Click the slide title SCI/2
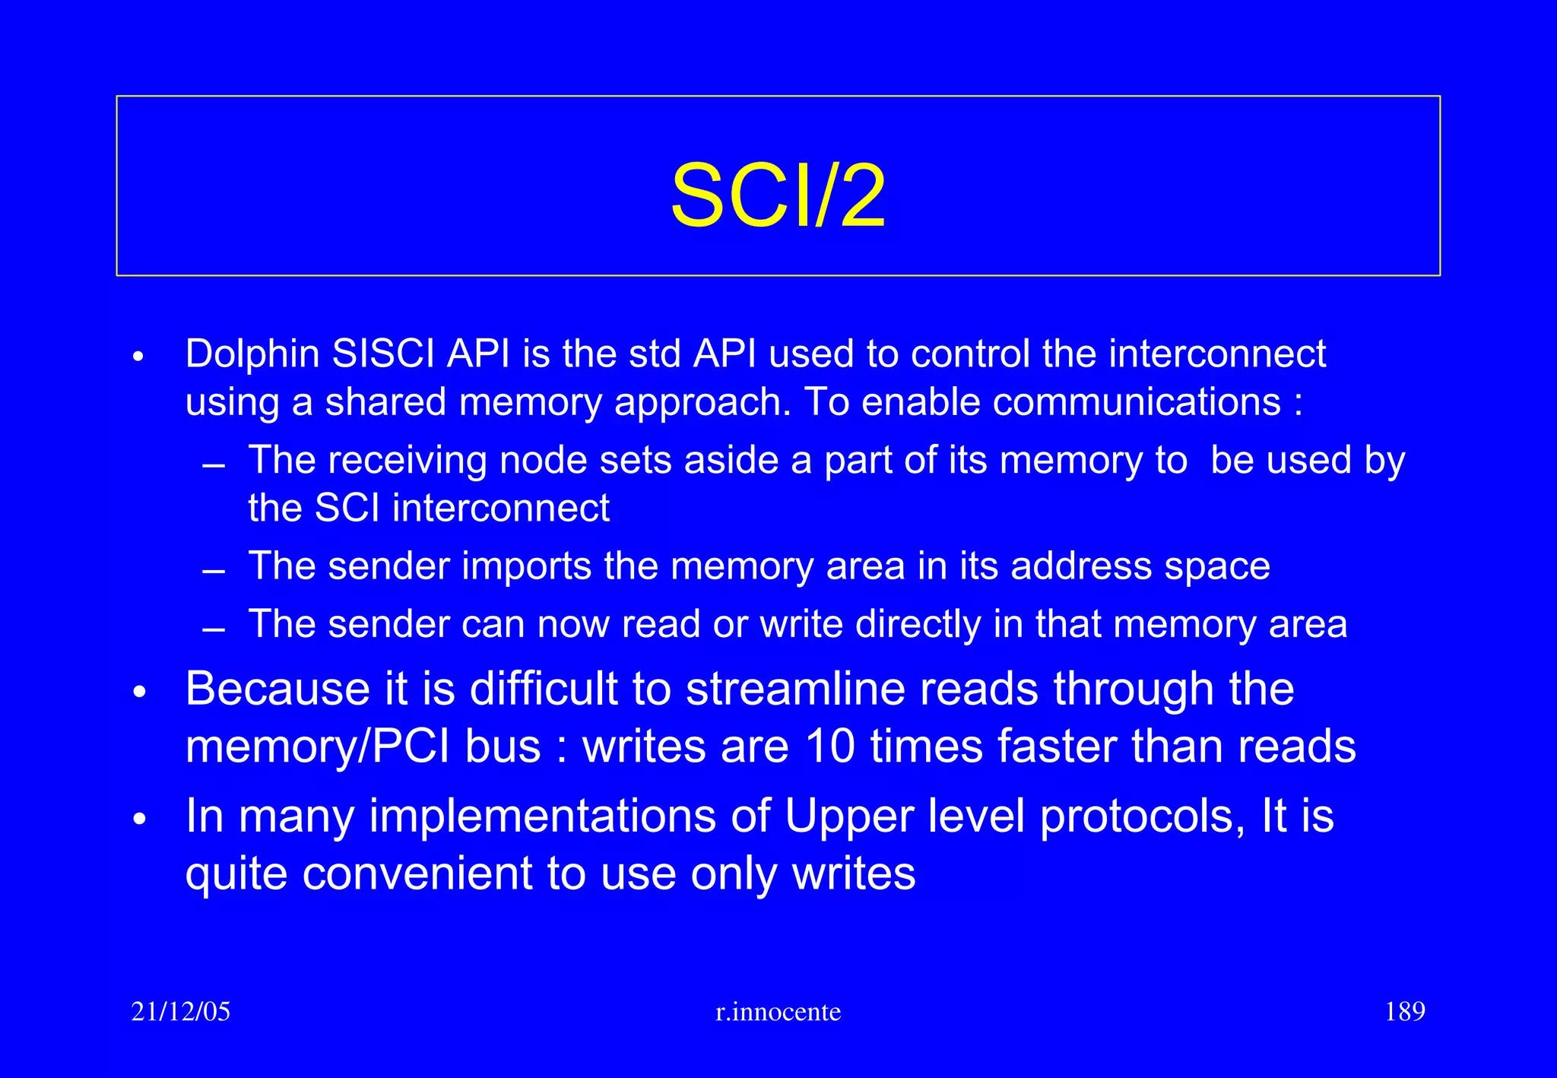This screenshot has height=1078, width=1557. (778, 196)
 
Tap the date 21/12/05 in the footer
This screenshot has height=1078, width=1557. (180, 1012)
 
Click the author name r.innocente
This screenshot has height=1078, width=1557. (778, 1012)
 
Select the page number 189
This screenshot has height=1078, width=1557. (1404, 1012)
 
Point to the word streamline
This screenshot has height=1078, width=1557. (863, 689)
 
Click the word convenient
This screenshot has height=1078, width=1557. (417, 873)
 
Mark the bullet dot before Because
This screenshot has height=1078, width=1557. (138, 692)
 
